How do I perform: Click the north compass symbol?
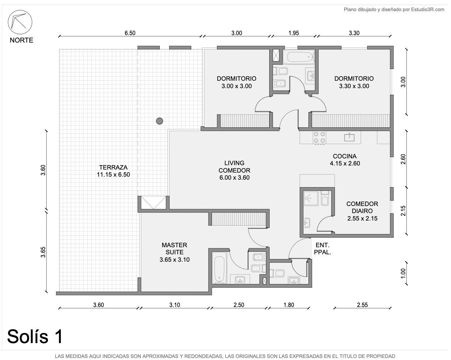[x=20, y=22]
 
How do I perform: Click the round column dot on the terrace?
[x=159, y=121]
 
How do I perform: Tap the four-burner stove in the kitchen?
[x=319, y=137]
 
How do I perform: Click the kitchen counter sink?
[x=349, y=137]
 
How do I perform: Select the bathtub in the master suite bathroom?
[x=220, y=267]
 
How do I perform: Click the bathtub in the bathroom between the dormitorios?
[x=299, y=57]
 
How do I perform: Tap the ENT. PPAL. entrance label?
[x=323, y=249]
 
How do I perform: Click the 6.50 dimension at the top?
[x=130, y=33]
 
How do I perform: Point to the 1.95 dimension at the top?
[x=294, y=33]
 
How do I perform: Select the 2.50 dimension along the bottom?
[x=239, y=305]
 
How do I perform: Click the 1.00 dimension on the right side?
[x=403, y=274]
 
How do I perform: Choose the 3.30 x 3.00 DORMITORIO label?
[x=354, y=82]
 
